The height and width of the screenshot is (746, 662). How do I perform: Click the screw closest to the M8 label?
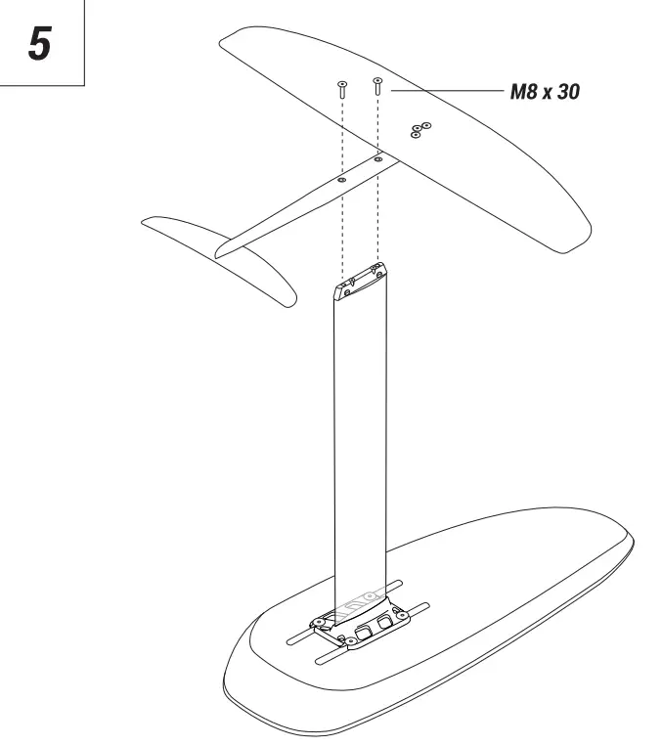click(x=376, y=85)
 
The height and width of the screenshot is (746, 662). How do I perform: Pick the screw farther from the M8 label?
click(x=342, y=91)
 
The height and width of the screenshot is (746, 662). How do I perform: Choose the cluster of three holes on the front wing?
click(x=420, y=129)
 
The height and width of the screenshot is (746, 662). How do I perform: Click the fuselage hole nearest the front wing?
click(x=377, y=156)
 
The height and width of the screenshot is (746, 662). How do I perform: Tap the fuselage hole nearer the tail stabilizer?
click(x=342, y=180)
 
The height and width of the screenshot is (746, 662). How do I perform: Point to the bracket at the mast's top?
click(x=363, y=279)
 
